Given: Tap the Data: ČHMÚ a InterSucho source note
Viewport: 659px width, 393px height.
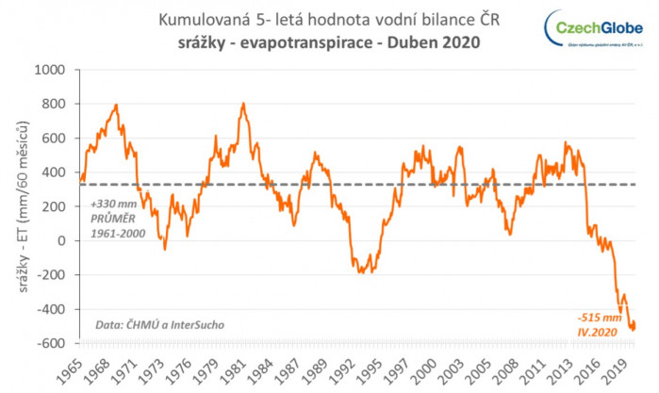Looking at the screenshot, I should [159, 326].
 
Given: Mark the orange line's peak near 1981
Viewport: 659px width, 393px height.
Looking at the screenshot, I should [243, 104].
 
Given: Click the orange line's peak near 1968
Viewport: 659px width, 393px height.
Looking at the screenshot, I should [116, 105].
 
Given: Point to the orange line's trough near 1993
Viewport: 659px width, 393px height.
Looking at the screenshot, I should [362, 272].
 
